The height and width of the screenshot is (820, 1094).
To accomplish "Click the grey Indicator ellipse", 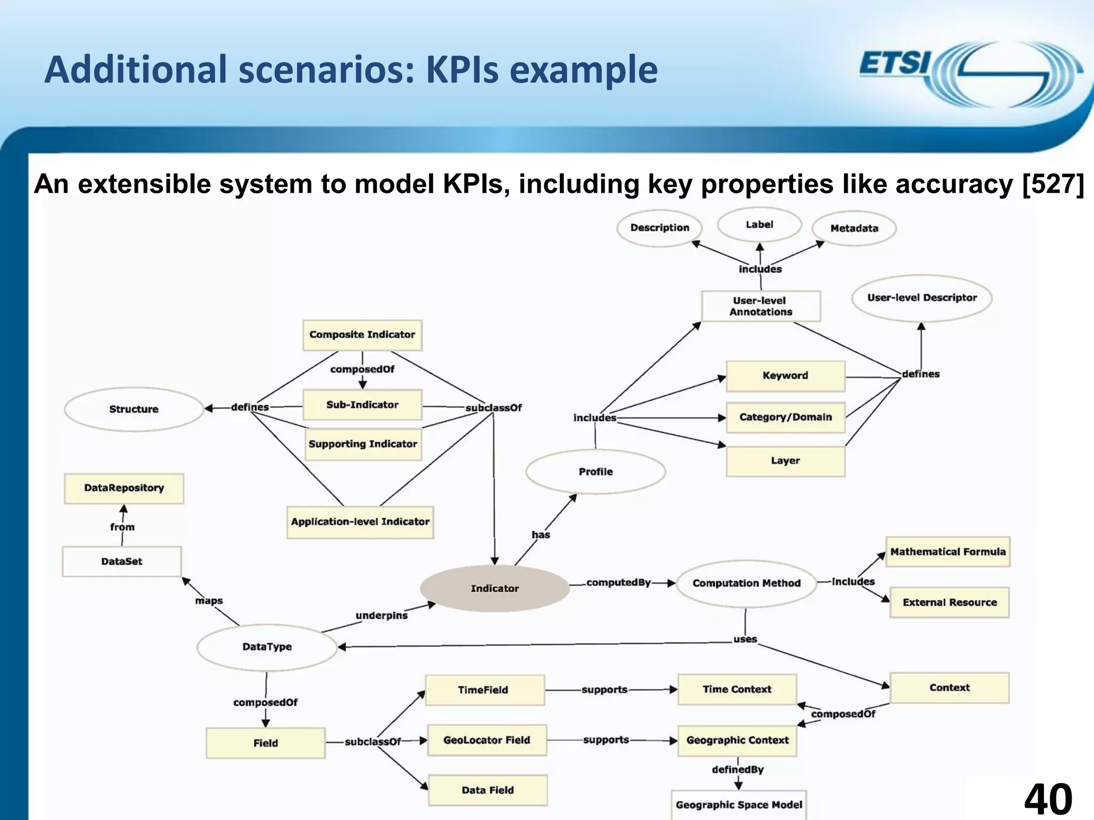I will tap(495, 588).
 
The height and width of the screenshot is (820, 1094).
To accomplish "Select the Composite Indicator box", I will tap(362, 335).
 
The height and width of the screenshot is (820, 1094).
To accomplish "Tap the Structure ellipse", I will tap(134, 409).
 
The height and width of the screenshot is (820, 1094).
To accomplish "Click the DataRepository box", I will tap(124, 488).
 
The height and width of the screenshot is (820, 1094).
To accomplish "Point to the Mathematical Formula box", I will tap(948, 551).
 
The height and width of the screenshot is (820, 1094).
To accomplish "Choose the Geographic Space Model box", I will tap(739, 805).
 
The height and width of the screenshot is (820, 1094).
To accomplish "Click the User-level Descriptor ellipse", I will tap(921, 298).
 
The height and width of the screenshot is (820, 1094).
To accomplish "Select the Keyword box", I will tap(785, 376).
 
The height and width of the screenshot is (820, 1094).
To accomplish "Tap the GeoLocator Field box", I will tap(487, 740).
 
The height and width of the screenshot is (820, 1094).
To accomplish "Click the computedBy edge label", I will tap(618, 582).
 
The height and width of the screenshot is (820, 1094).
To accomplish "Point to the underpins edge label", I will tap(381, 616).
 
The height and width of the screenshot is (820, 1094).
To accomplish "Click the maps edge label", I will tap(209, 601).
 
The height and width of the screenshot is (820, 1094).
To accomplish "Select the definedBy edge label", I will tap(738, 769).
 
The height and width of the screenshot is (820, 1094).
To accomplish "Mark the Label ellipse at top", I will tap(759, 225).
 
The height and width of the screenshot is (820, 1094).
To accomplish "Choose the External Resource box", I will tap(949, 602).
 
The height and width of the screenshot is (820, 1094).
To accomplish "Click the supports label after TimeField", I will tap(604, 690).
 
